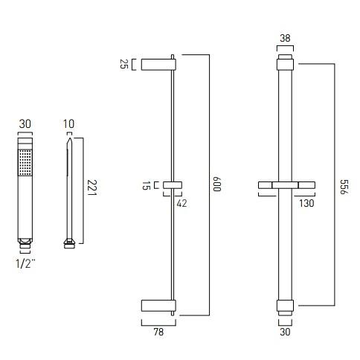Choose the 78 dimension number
[158, 333]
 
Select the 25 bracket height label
[125, 65]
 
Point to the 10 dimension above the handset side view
[69, 123]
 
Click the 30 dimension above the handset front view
[25, 123]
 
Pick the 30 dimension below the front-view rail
[286, 333]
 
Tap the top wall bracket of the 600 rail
[157, 64]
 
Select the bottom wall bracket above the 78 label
[157, 305]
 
